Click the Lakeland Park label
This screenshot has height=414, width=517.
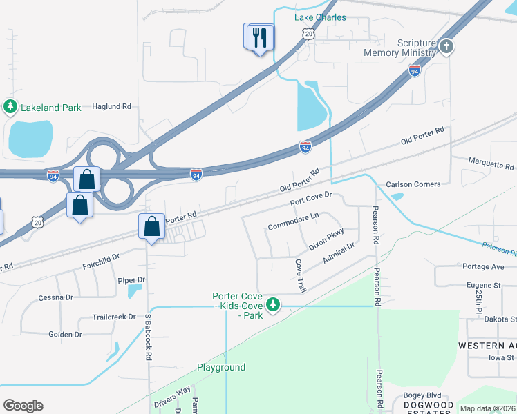[x=51, y=107]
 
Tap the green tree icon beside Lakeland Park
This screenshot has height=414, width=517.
[x=10, y=106]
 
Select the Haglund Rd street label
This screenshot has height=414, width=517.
[x=111, y=107]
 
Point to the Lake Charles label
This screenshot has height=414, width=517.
[x=320, y=17]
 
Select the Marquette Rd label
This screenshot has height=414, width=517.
[x=491, y=167]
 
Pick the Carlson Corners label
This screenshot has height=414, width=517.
[x=413, y=184]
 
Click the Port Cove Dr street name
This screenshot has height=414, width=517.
[x=312, y=199]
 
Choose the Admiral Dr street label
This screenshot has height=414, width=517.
[x=339, y=255]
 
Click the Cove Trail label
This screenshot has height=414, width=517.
[x=301, y=275]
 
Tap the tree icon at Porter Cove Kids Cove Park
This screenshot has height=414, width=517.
[x=273, y=304]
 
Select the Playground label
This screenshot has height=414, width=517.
[x=221, y=367]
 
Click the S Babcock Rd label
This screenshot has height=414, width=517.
[x=148, y=337]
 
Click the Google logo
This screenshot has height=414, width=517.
[x=23, y=406]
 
